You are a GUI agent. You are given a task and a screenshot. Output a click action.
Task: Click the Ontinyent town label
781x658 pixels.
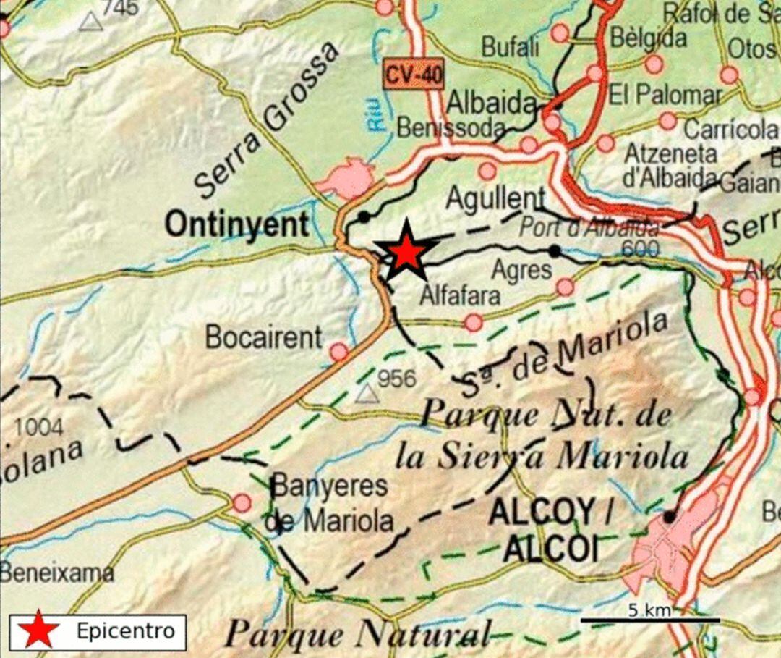237,224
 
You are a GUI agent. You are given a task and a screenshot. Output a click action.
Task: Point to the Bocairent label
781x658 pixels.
263,337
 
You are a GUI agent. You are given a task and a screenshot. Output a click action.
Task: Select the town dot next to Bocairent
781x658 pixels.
338,353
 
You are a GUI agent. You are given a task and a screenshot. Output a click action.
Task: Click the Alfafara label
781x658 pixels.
460,295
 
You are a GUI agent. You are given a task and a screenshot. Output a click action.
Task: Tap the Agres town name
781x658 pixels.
521,271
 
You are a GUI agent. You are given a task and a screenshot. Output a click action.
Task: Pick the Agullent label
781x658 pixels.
495,197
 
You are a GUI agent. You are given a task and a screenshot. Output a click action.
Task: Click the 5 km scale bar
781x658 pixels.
650,620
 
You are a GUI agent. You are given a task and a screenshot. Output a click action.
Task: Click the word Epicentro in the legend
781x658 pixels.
126,631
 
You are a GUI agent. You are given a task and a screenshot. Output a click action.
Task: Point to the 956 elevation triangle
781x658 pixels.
367,393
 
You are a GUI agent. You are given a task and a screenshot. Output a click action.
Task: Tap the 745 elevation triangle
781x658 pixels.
90,21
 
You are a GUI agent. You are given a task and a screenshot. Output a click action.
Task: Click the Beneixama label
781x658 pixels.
56,573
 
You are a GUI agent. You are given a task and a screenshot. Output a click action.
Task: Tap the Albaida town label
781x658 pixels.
491,104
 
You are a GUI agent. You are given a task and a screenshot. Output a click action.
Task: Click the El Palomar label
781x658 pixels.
665,95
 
